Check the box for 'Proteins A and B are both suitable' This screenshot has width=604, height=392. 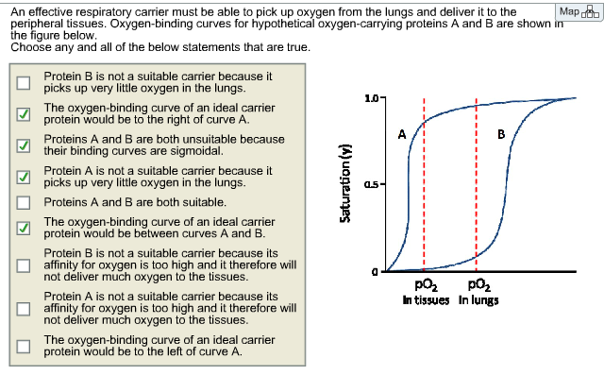(x=23, y=202)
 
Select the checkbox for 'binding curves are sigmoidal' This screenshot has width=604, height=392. (x=23, y=145)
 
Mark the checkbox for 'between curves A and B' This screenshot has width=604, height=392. (x=23, y=228)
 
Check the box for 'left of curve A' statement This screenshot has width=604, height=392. (x=23, y=345)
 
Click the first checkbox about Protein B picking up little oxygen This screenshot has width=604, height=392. (x=23, y=82)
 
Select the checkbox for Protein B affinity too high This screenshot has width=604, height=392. (x=23, y=265)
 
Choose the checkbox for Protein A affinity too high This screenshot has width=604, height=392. (x=23, y=307)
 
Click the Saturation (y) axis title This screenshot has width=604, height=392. (x=345, y=183)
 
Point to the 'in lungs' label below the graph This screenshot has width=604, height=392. (x=478, y=301)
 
